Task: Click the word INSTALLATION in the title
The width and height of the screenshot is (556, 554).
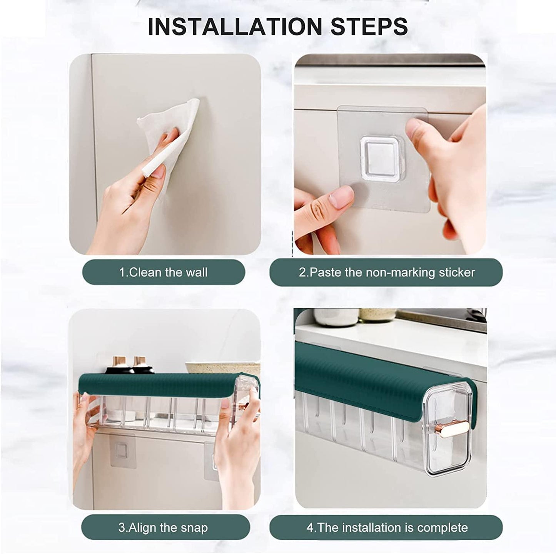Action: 235,26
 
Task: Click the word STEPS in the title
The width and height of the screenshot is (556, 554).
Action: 369,26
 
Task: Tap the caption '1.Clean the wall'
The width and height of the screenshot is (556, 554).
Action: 163,273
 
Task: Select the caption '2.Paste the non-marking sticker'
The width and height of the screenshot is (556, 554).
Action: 386,273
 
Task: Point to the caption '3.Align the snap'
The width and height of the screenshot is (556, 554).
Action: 163,527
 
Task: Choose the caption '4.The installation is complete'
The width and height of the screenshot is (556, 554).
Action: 387,527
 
